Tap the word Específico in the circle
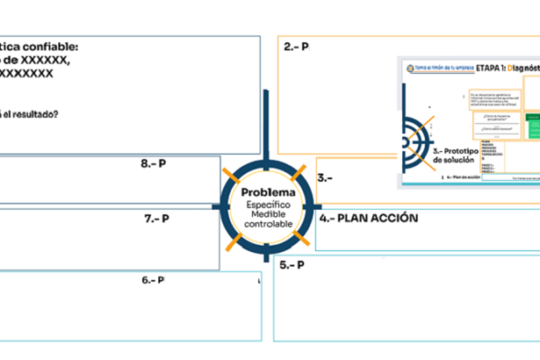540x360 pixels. click(x=267, y=207)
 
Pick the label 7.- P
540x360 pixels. click(x=157, y=219)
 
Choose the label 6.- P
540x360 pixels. click(x=152, y=280)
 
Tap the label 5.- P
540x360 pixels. click(x=290, y=265)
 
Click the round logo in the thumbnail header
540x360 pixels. click(x=407, y=67)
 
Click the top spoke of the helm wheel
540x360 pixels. click(x=267, y=112)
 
